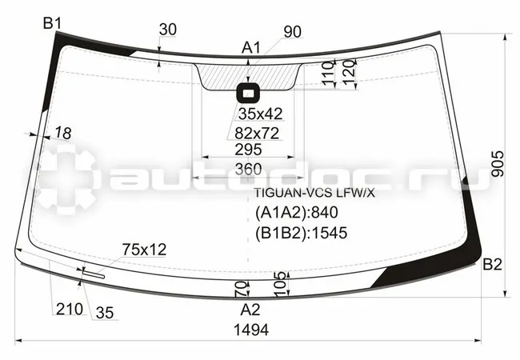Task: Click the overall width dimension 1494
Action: click(x=251, y=330)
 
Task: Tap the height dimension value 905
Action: click(x=498, y=164)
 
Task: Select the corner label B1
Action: click(x=52, y=24)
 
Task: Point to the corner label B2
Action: click(x=492, y=265)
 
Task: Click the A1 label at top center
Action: click(x=251, y=48)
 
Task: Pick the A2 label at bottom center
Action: click(x=250, y=310)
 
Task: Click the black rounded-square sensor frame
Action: click(x=248, y=94)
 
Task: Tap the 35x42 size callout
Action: click(x=260, y=114)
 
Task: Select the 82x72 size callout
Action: click(x=257, y=134)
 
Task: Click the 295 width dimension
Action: click(x=248, y=150)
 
